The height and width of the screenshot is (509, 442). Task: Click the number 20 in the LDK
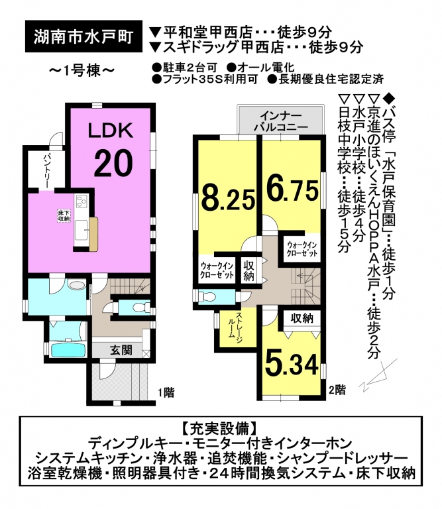113,163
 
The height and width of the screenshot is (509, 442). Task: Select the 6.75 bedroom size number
292,191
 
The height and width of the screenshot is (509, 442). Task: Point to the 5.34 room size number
292,365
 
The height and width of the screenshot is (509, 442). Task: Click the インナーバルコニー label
280,121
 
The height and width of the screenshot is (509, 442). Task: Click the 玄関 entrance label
121,350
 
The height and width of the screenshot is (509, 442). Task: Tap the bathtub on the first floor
68,349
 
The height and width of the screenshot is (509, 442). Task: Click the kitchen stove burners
81,201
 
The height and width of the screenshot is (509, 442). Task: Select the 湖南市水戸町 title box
83,36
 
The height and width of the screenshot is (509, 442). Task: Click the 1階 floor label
166,393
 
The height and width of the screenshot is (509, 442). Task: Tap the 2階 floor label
337,389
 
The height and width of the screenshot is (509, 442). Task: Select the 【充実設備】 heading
221,429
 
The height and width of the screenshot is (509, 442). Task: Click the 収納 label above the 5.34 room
302,318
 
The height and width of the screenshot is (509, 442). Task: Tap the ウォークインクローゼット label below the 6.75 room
301,249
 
